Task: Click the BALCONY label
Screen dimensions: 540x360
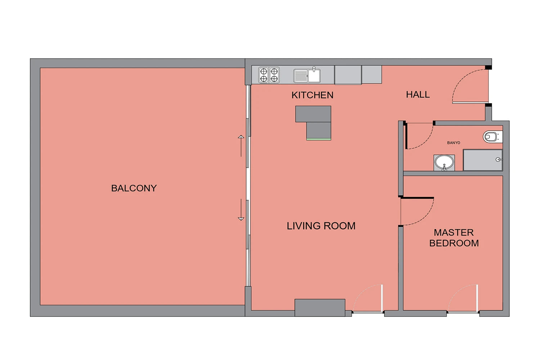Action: (x=134, y=188)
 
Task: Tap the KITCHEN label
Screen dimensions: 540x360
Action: (x=312, y=95)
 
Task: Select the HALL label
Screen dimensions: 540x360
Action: (x=418, y=95)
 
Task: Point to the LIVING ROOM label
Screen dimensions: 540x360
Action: (x=321, y=226)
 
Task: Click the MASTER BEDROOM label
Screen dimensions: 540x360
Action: (x=454, y=238)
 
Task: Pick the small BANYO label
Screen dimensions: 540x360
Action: (x=454, y=143)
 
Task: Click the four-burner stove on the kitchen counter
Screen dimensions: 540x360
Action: (x=269, y=75)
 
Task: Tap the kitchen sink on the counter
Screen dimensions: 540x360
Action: (x=307, y=75)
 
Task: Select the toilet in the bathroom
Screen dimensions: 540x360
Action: (x=492, y=137)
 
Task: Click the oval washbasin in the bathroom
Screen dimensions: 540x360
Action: (x=444, y=162)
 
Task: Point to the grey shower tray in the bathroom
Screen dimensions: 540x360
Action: (x=483, y=160)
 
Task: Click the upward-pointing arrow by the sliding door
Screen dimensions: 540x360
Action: (x=241, y=146)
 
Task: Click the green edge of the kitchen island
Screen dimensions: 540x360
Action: (x=319, y=139)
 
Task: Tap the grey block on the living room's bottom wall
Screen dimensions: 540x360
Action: (x=320, y=308)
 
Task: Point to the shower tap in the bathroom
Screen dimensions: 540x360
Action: (x=499, y=159)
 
